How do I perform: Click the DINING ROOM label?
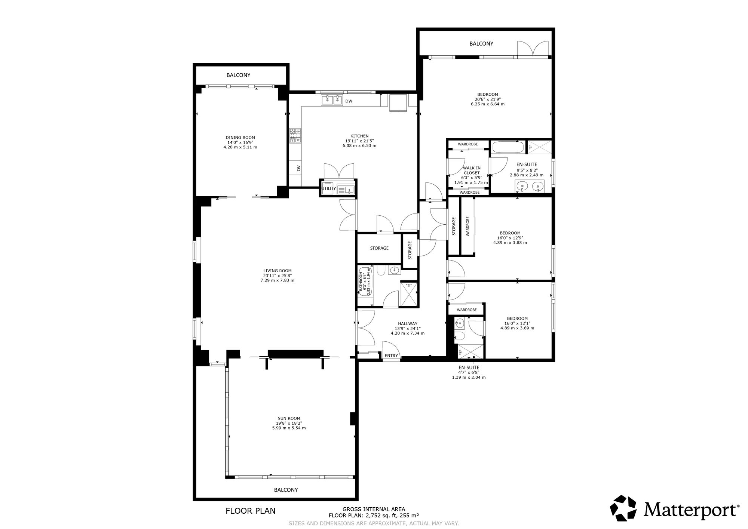[240, 138]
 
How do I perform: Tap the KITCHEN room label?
[359, 136]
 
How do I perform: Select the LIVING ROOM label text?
[277, 271]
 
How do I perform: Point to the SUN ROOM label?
[289, 418]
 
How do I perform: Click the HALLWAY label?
[408, 324]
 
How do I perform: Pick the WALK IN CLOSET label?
[471, 170]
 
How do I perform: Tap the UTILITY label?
[329, 188]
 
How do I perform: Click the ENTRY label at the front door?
[391, 356]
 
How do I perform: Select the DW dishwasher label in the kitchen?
[349, 101]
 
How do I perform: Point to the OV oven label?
[298, 168]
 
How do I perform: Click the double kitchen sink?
[332, 100]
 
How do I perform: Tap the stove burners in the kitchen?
[295, 136]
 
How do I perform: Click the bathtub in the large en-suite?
[508, 147]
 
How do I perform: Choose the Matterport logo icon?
[623, 508]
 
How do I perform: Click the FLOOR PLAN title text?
[251, 511]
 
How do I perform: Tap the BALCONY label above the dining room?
[238, 75]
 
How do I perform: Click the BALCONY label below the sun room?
[286, 490]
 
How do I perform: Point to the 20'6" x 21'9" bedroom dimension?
[488, 99]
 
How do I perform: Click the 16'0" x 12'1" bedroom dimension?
[517, 323]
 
